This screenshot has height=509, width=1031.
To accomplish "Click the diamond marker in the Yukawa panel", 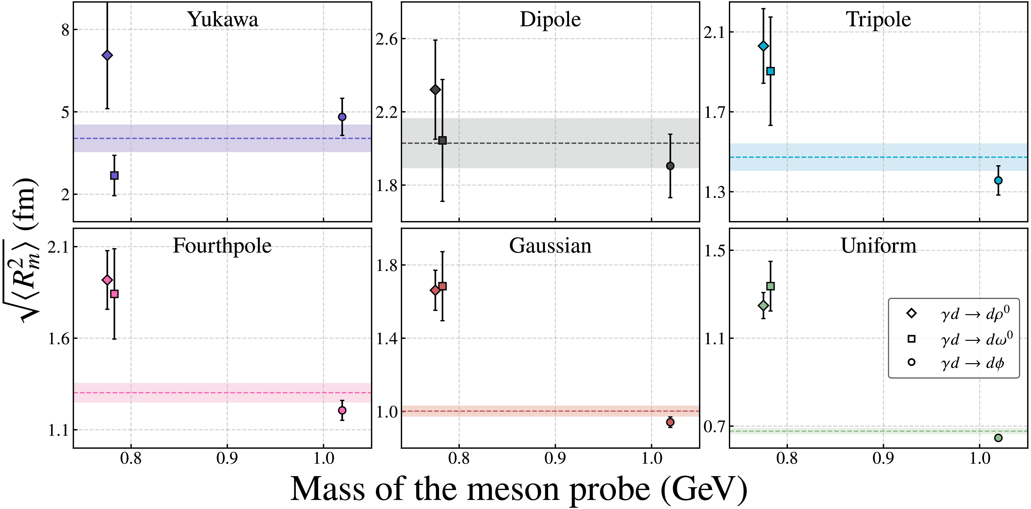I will coord(107,55).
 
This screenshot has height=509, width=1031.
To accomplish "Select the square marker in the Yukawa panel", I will coord(115,175).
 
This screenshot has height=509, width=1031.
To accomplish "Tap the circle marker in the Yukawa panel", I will coord(342,117).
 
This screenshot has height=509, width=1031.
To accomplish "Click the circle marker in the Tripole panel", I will coord(998,181).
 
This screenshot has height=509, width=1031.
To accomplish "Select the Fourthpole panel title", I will coord(222,246).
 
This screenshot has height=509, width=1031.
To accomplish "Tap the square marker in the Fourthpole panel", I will coord(115,294).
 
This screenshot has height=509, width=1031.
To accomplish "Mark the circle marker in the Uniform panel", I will coord(998,438).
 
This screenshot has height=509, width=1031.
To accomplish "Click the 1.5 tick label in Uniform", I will coord(714,250).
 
